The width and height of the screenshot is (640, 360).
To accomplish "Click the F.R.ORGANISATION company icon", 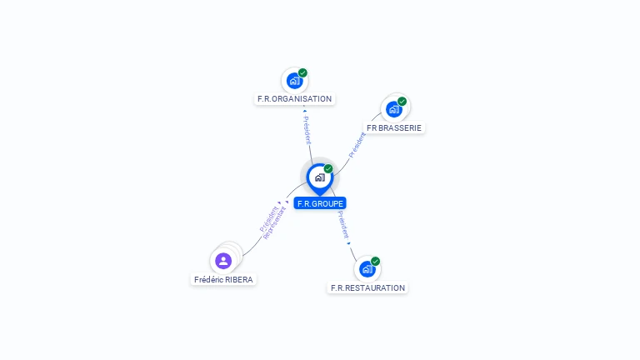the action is [293, 80].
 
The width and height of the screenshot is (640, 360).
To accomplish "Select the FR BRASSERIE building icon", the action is [394, 109].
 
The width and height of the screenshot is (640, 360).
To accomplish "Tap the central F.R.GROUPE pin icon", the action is [319, 177].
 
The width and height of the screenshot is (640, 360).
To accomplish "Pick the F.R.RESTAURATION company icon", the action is [367, 269].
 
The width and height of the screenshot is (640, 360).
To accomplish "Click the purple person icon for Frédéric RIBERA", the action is [223, 261].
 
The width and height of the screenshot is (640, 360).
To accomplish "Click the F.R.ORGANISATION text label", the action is [294, 98].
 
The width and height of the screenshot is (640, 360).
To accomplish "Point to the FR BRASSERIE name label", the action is [395, 128].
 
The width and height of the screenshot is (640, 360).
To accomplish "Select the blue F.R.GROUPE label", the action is [320, 203].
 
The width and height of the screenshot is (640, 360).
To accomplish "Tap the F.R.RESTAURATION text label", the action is [367, 288].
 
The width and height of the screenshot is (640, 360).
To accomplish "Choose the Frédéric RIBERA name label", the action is [223, 280].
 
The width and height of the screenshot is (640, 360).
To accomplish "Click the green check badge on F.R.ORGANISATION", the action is [302, 72].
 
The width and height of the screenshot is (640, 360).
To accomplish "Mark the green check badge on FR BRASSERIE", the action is [402, 102].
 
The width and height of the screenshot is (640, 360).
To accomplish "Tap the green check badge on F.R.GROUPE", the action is [328, 169].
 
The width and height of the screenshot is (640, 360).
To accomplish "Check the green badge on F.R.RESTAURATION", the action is [376, 261].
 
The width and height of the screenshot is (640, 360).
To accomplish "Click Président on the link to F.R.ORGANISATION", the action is [307, 130].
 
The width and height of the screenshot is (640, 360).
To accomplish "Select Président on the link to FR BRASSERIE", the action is [357, 143].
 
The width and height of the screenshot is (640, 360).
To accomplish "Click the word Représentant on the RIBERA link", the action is [275, 223].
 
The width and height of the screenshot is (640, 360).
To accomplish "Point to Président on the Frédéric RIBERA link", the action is [268, 217].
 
